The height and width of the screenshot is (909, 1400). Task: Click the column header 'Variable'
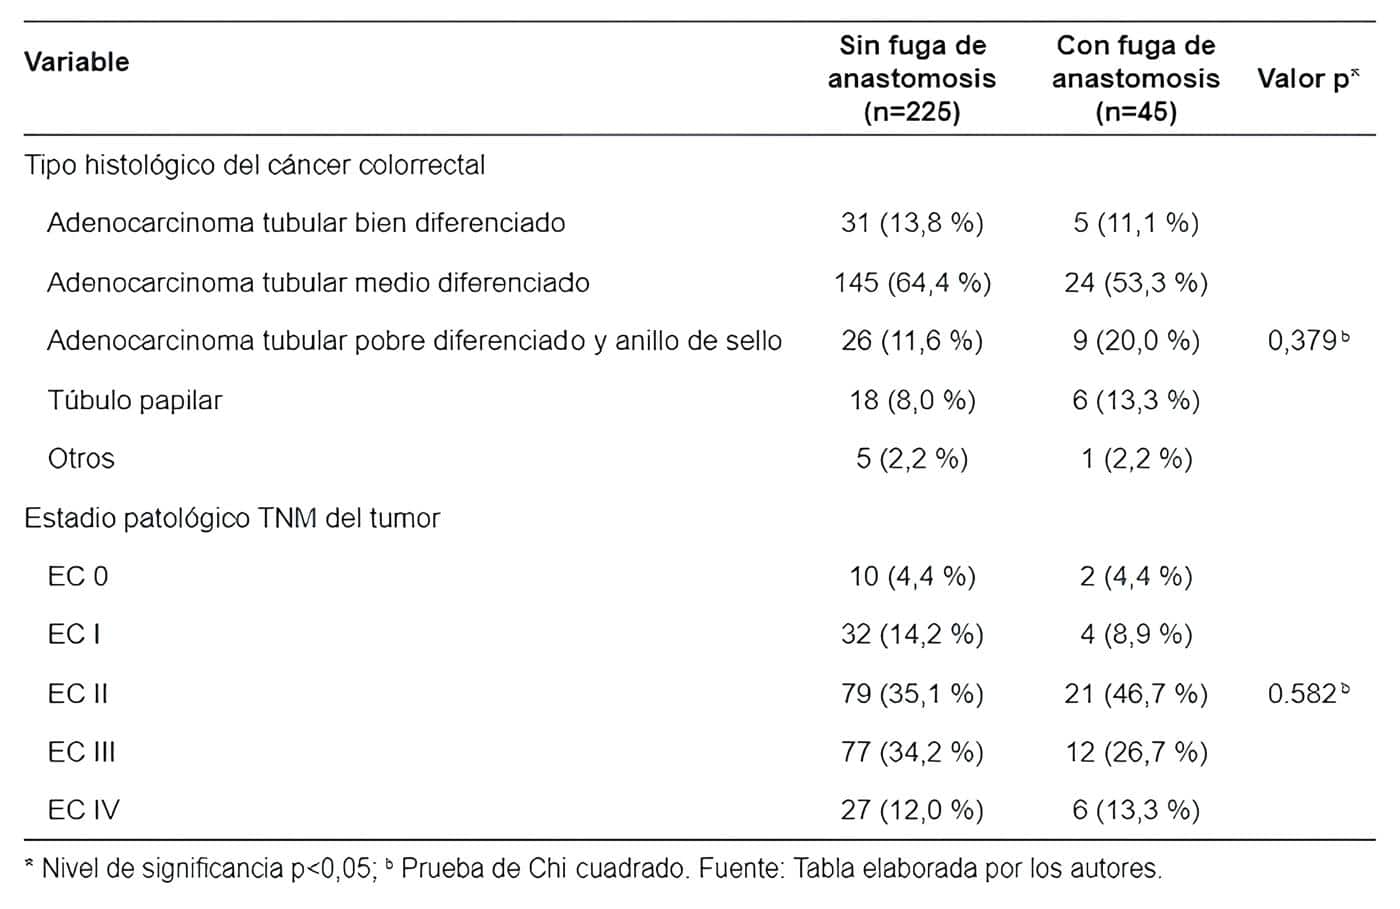77,62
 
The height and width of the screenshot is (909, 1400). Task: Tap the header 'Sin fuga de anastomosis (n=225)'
912,78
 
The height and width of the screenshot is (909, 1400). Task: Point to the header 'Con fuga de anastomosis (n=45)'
1136,78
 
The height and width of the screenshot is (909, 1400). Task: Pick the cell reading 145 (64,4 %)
912,283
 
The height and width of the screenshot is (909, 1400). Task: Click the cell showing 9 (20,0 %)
1136,341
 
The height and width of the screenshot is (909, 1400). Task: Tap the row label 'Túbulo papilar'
135,400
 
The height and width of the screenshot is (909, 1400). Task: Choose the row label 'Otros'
81,459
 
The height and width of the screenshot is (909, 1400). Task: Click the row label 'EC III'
81,752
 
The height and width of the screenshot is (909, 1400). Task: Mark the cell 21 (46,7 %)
1136,693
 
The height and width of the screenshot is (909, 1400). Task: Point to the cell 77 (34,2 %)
912,752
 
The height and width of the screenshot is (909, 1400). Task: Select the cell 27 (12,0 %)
912,810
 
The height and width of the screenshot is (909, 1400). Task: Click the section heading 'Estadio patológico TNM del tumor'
232,518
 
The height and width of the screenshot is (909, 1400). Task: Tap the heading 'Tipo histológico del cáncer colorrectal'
255,165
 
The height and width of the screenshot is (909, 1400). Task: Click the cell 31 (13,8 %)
912,223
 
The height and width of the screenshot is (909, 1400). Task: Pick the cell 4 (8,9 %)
1136,635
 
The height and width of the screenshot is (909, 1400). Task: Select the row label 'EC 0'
78,576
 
